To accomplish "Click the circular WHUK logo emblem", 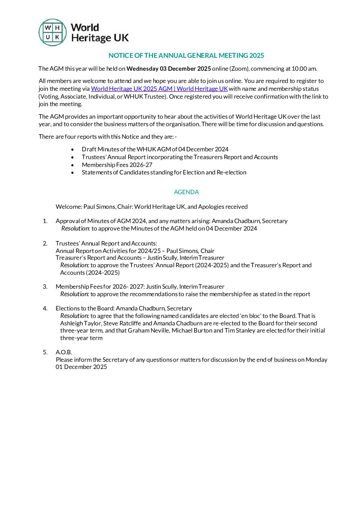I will pyautogui.click(x=53, y=32).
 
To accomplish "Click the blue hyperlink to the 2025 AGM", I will pyautogui.click(x=159, y=89).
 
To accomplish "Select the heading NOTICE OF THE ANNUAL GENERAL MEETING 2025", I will pyautogui.click(x=186, y=55).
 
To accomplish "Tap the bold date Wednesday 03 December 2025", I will pyautogui.click(x=169, y=69).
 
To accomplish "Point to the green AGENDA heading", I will pyautogui.click(x=186, y=192).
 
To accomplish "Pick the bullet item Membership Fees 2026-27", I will pyautogui.click(x=117, y=165).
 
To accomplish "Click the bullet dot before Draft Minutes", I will pyautogui.click(x=72, y=149).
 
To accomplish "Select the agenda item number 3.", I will pyautogui.click(x=45, y=287).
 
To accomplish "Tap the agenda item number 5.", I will pyautogui.click(x=45, y=352).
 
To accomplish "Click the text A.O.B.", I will pyautogui.click(x=64, y=352).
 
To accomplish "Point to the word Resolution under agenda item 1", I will pyautogui.click(x=75, y=228).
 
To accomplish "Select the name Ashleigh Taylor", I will pyautogui.click(x=81, y=323).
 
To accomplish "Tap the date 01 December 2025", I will pyautogui.click(x=81, y=367).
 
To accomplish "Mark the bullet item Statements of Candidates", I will pyautogui.click(x=164, y=172).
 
